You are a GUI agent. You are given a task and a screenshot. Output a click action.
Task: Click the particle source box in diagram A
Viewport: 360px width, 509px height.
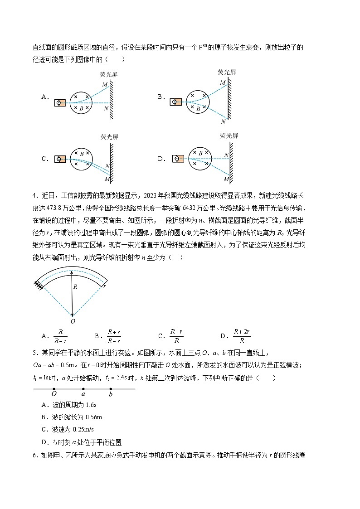tap(60, 103)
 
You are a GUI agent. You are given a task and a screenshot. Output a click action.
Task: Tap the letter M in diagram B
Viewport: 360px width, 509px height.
tap(223, 82)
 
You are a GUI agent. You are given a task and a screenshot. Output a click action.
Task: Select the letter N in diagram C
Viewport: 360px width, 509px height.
tap(107, 166)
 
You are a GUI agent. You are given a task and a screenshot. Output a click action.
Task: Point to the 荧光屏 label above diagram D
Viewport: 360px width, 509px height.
tap(229, 136)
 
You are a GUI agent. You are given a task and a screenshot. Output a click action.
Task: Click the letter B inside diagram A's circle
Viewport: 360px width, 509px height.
tap(81, 108)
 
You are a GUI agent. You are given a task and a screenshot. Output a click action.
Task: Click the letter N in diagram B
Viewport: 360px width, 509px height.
tap(224, 121)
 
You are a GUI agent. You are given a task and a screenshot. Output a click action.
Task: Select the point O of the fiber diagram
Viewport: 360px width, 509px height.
tap(73, 321)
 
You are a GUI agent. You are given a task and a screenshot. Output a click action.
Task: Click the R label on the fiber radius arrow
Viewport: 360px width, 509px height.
tap(75, 286)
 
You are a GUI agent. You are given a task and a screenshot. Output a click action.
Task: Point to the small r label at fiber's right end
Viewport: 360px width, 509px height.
tap(104, 286)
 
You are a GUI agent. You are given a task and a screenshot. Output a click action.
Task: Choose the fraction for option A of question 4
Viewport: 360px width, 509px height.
tap(60, 336)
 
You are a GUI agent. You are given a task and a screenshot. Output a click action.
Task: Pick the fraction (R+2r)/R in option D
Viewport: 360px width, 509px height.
tap(241, 336)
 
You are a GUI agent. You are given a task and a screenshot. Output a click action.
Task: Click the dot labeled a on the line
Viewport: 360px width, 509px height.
tap(83, 389)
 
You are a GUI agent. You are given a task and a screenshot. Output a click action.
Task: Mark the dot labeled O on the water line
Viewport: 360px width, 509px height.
tap(54, 389)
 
